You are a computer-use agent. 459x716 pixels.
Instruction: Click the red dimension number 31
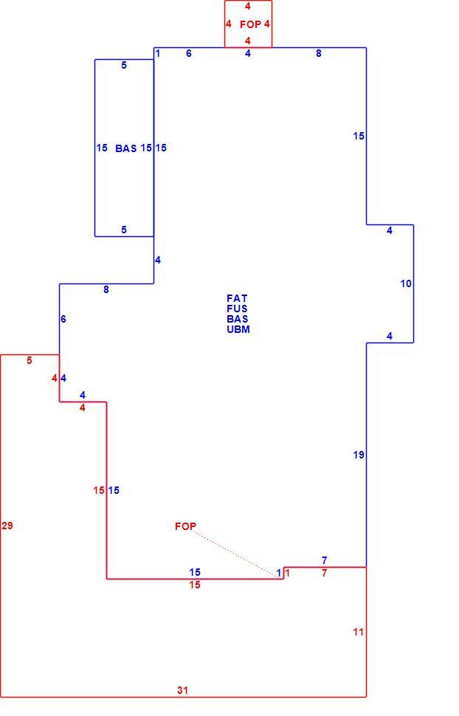(x=182, y=690)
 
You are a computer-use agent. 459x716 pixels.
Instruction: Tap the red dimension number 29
(x=7, y=526)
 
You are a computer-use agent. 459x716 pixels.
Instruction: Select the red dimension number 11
(x=358, y=632)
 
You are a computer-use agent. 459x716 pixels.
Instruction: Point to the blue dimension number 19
(x=359, y=455)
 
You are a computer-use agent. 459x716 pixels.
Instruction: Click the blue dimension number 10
(x=406, y=283)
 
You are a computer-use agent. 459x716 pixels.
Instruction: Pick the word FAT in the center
(x=237, y=298)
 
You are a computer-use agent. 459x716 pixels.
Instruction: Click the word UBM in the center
(x=238, y=329)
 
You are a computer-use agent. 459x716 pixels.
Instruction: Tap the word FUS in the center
(x=237, y=309)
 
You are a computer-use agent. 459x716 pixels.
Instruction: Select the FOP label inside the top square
(x=250, y=24)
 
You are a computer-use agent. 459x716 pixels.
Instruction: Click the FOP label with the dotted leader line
(x=185, y=526)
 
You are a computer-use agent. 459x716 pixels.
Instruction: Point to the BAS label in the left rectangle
(x=126, y=148)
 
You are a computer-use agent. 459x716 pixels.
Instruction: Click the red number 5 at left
(x=30, y=360)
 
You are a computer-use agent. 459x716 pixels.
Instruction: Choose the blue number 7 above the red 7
(x=324, y=560)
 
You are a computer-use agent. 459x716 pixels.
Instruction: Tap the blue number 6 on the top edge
(x=189, y=53)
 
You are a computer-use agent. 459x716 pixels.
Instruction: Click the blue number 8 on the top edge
(x=318, y=53)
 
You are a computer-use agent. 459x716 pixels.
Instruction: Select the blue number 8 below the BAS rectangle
(x=106, y=289)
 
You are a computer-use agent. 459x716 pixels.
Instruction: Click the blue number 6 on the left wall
(x=63, y=319)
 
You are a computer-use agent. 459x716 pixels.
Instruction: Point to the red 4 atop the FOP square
(x=247, y=7)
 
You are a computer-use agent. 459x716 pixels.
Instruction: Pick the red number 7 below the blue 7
(x=324, y=573)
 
